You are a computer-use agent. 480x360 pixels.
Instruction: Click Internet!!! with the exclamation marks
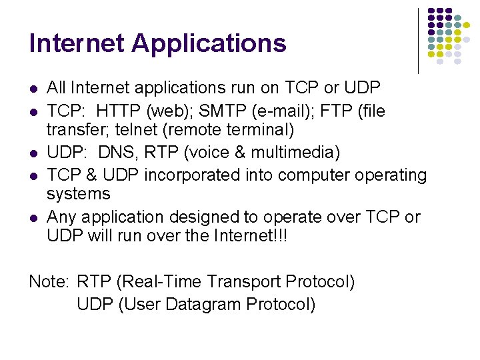click(250, 236)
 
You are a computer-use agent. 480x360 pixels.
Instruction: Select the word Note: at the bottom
click(49, 281)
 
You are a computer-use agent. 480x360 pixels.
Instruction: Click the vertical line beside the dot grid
click(419, 40)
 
